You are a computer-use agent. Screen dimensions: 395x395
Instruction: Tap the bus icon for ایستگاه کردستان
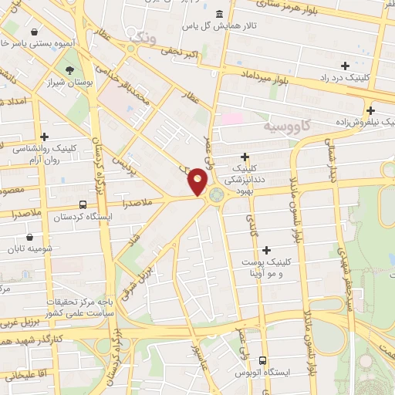[83, 204]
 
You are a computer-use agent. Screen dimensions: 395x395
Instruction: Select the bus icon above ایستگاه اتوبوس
[263, 360]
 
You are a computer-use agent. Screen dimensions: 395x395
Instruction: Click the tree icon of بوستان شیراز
[70, 70]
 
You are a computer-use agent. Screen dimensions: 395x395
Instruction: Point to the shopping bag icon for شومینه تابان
[29, 237]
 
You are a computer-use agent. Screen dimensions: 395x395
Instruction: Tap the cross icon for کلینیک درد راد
[345, 66]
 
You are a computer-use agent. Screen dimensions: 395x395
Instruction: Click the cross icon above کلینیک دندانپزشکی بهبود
[244, 157]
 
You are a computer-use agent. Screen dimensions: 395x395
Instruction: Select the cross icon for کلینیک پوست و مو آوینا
[267, 249]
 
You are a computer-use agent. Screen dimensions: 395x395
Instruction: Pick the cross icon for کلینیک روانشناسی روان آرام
[45, 137]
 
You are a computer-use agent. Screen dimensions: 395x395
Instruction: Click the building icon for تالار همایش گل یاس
[220, 14]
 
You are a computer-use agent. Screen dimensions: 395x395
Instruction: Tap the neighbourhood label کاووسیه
[285, 124]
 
